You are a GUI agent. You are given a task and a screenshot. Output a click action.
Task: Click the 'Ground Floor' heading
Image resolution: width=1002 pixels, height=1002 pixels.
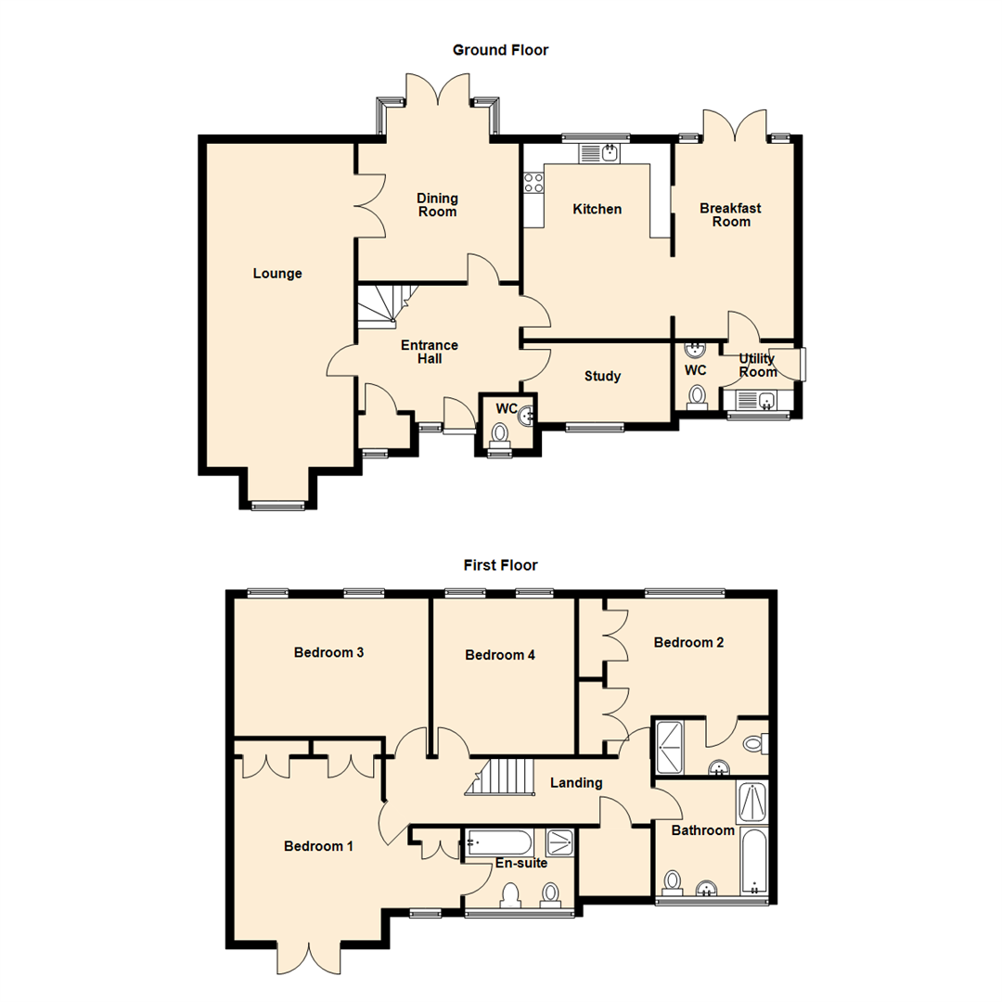coord(500,50)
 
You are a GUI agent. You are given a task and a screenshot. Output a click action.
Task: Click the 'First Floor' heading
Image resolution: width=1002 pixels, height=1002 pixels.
coord(500,565)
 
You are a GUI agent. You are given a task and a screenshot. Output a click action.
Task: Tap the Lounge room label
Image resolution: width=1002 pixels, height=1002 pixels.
coord(277,274)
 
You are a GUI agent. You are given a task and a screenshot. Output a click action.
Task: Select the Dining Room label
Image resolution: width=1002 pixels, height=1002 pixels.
coord(437,205)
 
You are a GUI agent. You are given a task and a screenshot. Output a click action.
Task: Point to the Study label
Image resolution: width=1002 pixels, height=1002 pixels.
coord(602,377)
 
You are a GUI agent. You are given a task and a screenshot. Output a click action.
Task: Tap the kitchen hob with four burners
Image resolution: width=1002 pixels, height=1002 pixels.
coord(533,183)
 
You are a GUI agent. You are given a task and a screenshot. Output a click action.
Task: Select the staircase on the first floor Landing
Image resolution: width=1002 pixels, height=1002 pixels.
coord(502,777)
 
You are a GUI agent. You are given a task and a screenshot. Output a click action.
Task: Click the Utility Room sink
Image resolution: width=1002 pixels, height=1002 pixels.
coord(758,401)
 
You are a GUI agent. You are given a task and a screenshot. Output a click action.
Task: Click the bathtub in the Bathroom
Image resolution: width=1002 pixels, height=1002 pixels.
coord(753,862)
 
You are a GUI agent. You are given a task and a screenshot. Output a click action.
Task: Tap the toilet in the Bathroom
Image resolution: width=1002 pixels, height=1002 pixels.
coord(672,880)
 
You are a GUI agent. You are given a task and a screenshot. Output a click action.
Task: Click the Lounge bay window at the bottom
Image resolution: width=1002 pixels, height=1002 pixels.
coord(277,506)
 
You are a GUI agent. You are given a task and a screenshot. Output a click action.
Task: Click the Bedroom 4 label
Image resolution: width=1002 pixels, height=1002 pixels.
coord(500,655)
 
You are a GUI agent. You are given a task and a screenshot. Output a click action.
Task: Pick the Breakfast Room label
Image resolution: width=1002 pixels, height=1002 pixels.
coord(730,215)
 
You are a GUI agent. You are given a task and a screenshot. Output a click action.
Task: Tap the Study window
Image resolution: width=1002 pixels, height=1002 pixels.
coord(595,428)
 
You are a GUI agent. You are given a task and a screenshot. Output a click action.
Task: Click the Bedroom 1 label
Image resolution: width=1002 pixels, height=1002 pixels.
coord(318,846)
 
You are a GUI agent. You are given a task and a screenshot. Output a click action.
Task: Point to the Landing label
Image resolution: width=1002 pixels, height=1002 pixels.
coord(576,783)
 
